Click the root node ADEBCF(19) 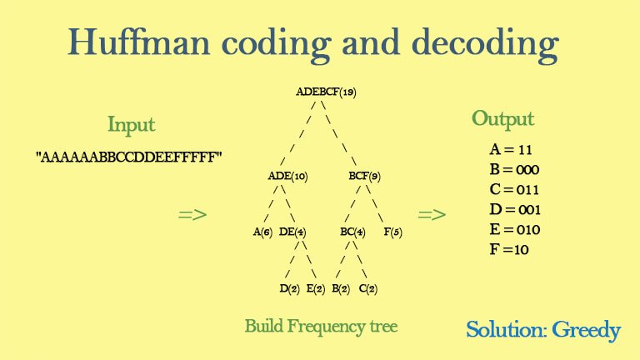[326, 92]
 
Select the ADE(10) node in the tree [287, 176]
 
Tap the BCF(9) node [364, 176]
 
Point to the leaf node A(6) [262, 232]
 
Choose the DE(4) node [292, 232]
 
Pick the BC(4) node [352, 232]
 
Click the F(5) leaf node [392, 232]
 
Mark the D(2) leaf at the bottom [289, 288]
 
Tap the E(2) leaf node [316, 288]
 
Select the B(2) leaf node [341, 288]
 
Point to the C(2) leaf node [368, 288]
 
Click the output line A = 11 [511, 149]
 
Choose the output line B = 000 [514, 169]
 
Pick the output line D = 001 [515, 209]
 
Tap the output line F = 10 [509, 249]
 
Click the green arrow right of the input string [192, 215]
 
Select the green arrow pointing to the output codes [432, 215]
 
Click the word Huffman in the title [139, 42]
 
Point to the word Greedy [586, 331]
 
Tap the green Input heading [132, 124]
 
